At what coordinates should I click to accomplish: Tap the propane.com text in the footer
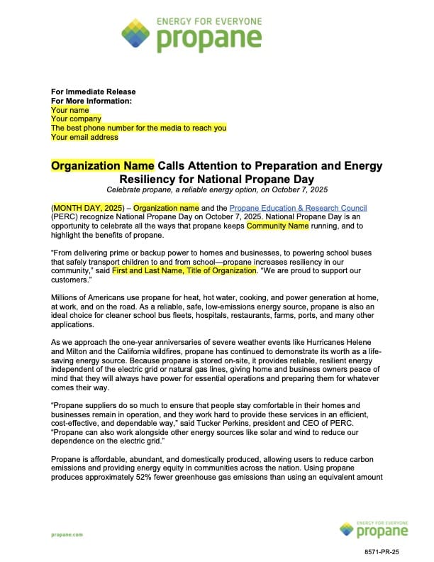click(67, 534)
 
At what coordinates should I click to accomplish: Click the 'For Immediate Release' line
click(93, 92)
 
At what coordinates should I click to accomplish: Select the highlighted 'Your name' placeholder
click(70, 110)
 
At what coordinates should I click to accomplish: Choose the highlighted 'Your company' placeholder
click(76, 119)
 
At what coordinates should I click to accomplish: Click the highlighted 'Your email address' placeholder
click(84, 137)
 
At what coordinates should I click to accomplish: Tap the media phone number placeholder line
click(138, 128)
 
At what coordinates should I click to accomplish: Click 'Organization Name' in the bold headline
click(102, 165)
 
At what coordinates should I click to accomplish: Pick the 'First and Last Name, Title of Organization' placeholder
click(184, 271)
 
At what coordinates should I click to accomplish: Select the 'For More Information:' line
click(91, 101)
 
